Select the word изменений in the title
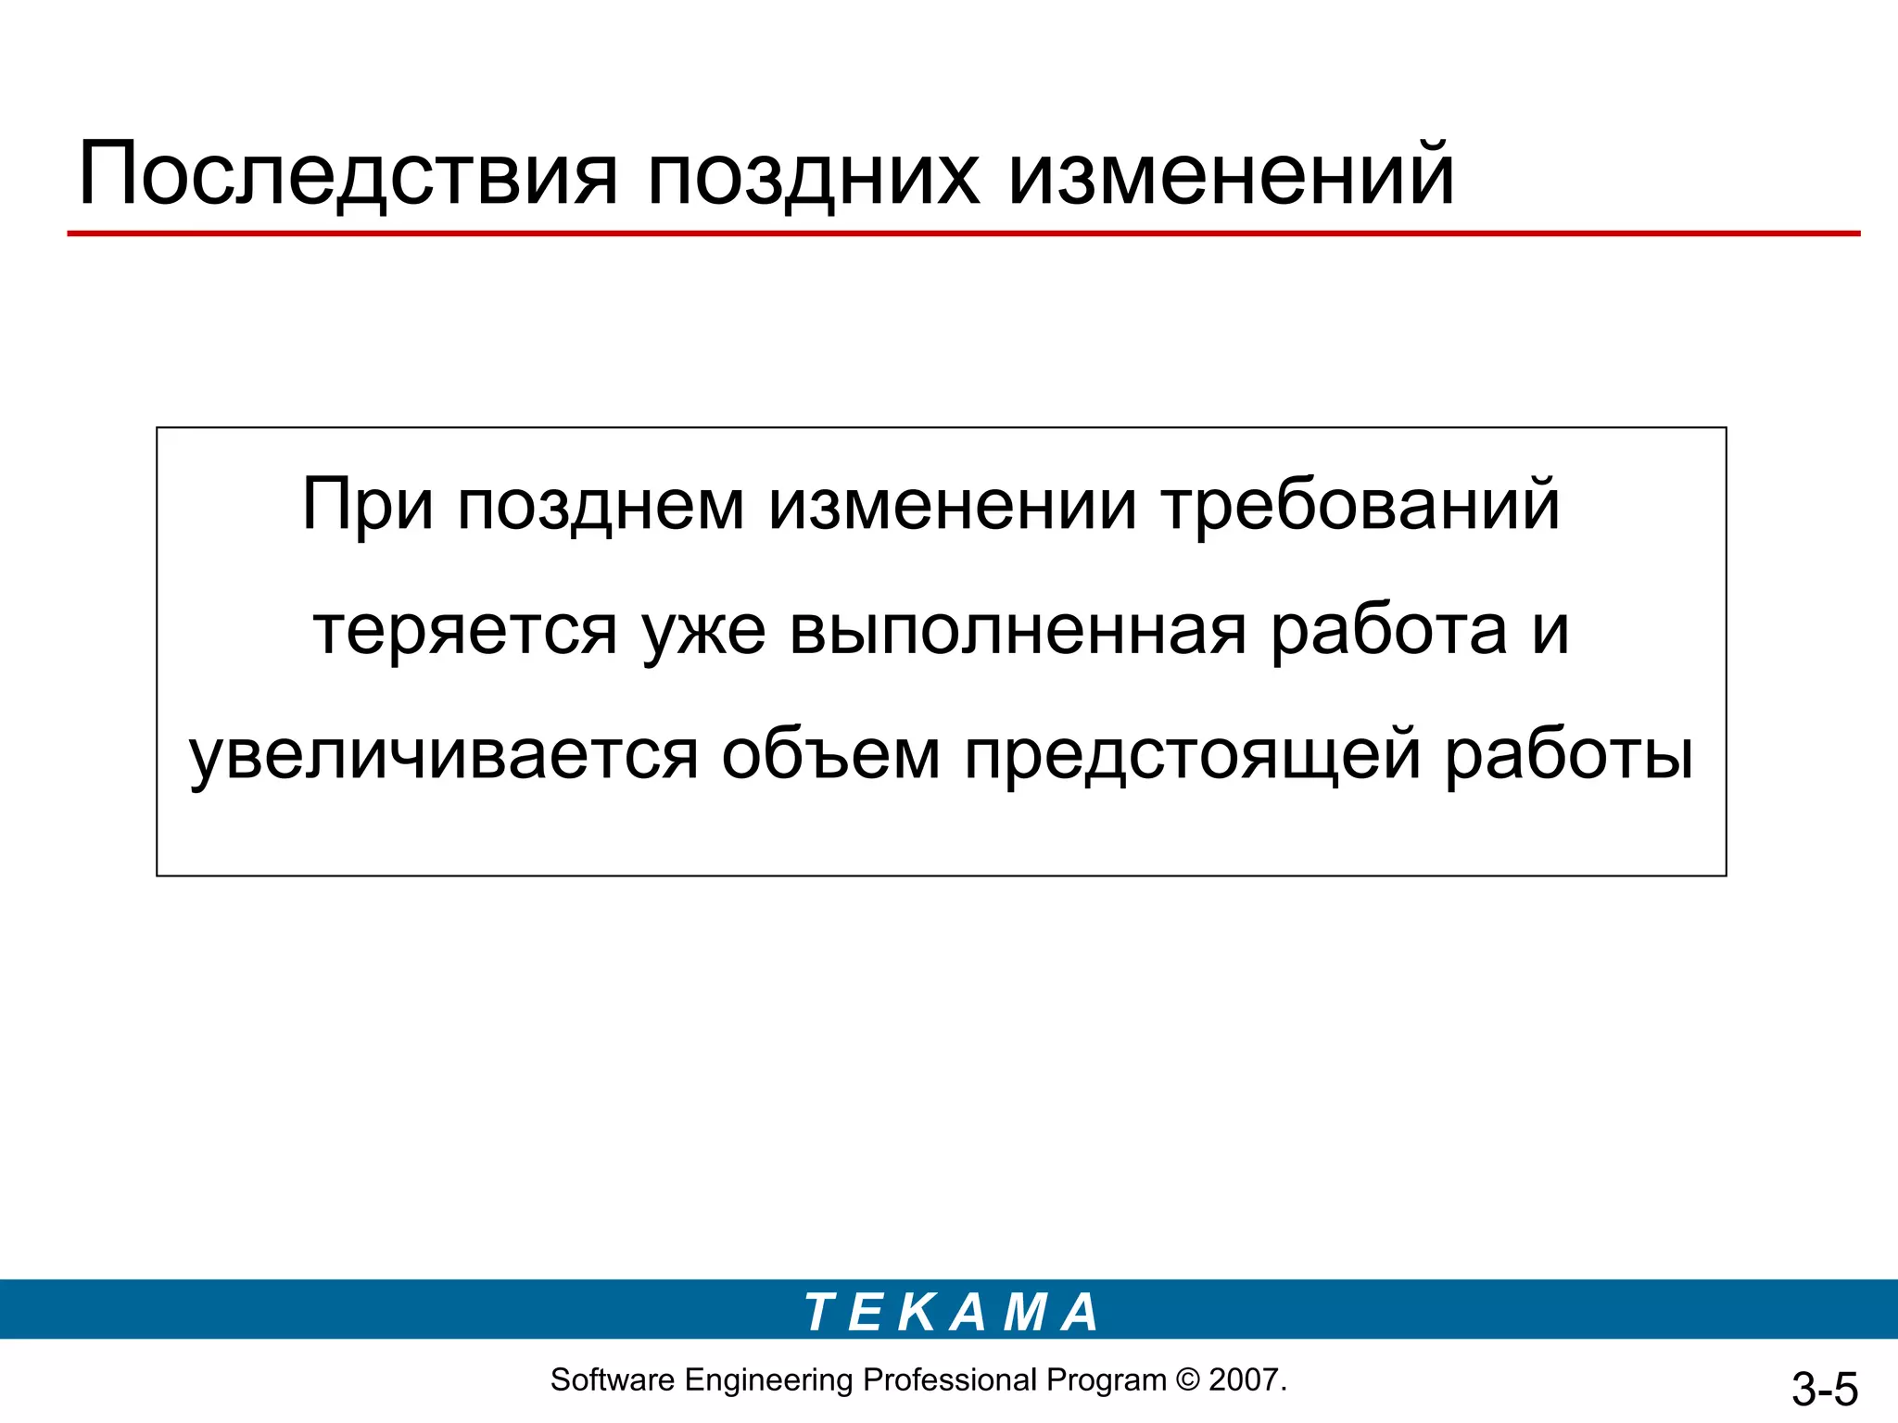click(1231, 174)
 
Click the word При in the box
click(368, 506)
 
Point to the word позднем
click(601, 506)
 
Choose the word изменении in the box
click(953, 506)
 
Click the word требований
click(1360, 506)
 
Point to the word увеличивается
click(443, 756)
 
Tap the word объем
click(831, 756)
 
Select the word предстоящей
click(1193, 756)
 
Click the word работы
click(1569, 756)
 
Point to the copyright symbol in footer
click(1186, 1380)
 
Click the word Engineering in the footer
click(768, 1380)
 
